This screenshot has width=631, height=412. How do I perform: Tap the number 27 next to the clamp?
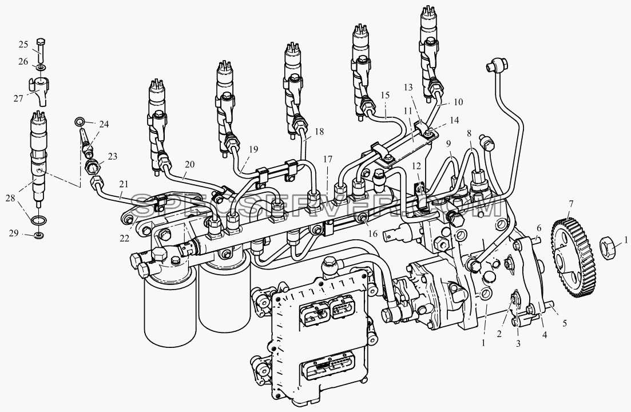point(18,98)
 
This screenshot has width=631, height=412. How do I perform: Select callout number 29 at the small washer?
point(14,233)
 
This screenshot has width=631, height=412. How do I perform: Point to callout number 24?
point(104,124)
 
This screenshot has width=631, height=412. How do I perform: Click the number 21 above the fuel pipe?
point(124,185)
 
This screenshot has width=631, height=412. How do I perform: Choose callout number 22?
point(124,239)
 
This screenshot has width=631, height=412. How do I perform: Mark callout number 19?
point(253,150)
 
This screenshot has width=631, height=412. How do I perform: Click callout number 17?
point(328,160)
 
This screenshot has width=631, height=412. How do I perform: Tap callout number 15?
point(385,96)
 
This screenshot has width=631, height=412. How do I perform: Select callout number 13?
point(408,88)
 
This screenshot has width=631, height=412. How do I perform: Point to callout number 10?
point(458,102)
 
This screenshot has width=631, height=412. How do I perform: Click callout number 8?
point(469,133)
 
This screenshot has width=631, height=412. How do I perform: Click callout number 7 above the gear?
point(572,203)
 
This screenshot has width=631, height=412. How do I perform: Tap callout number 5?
point(565,323)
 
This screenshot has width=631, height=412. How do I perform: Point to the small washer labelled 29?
point(39,234)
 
